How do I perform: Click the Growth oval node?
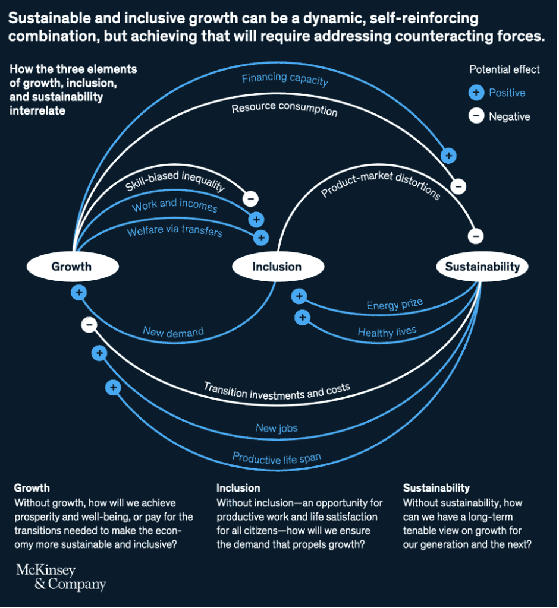point(71,267)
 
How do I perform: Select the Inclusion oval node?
point(277,267)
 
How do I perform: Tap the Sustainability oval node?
point(482,267)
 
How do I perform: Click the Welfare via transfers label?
point(174,230)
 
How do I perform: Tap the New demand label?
point(173,331)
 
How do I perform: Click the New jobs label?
point(277,428)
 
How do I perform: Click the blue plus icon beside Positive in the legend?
point(476,93)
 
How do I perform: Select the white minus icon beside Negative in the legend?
point(476,116)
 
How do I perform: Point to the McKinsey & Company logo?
point(61,577)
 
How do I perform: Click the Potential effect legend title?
point(504,69)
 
